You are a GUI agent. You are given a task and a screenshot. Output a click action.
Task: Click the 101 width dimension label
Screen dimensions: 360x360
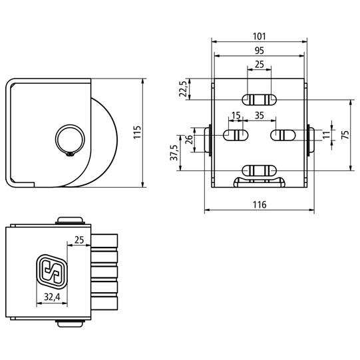click(x=260, y=37)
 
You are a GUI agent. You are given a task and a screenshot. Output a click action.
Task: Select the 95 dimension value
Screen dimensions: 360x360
click(x=260, y=51)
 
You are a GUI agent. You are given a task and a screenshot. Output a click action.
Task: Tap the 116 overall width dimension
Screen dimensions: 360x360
click(x=260, y=204)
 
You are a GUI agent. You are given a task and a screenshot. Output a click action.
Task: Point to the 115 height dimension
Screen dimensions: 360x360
click(x=137, y=132)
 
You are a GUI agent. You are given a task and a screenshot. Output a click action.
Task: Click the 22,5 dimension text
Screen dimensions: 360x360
click(x=184, y=89)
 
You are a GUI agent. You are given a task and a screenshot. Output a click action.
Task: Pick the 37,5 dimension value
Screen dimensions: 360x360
click(x=174, y=152)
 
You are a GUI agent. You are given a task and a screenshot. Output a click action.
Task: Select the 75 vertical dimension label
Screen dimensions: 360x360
click(x=345, y=134)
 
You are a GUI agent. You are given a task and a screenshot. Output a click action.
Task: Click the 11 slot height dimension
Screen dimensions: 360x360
click(x=327, y=135)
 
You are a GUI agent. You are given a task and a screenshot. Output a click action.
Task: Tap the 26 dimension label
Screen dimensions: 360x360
click(x=189, y=139)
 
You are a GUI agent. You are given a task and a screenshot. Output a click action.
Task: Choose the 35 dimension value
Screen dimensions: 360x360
click(x=260, y=116)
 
